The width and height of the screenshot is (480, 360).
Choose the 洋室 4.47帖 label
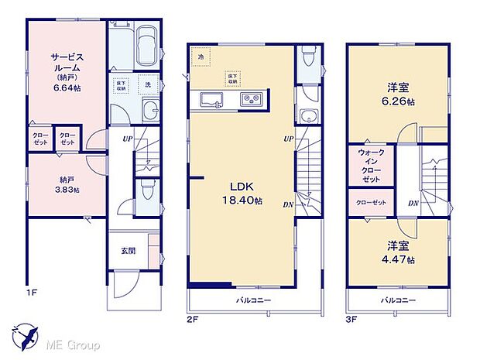398,254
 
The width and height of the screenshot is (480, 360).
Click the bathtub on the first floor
146,50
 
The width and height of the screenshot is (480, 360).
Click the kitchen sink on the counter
213,99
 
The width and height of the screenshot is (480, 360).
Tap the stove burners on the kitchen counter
252,99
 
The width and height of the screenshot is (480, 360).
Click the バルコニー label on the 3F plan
398,300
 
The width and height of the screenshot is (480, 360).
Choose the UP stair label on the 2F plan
288,139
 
